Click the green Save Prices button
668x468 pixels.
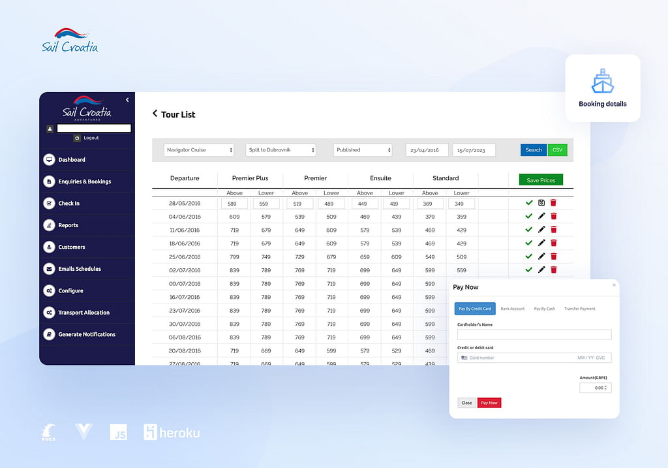tap(541, 180)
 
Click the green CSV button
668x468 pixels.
tap(557, 149)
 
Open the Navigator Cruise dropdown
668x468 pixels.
tap(198, 150)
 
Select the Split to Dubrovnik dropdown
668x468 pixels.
tap(281, 150)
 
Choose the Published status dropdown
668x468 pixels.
tap(363, 150)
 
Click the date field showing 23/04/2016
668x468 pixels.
tap(427, 150)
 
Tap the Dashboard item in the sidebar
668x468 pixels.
tap(72, 160)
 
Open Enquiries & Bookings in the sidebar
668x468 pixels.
tap(84, 181)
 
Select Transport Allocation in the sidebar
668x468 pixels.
tap(83, 313)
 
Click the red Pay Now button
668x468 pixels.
tap(489, 403)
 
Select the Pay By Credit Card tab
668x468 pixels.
tap(475, 309)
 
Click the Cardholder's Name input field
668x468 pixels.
tap(534, 335)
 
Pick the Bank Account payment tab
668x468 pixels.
tap(513, 309)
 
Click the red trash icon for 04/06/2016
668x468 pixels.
tap(553, 216)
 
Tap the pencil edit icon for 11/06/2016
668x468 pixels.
tap(541, 230)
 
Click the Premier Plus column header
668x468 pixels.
tap(250, 178)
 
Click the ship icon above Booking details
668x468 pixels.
tap(602, 82)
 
